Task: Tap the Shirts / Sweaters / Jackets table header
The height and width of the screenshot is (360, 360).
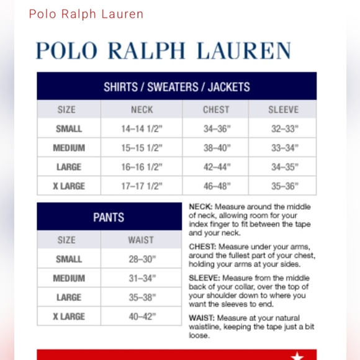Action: click(176, 87)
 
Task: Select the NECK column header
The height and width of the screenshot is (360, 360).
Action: click(142, 110)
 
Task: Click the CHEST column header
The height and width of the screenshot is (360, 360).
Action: click(216, 110)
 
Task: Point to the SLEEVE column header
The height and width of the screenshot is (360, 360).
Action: click(283, 110)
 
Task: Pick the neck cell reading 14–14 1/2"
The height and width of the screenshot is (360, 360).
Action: click(142, 129)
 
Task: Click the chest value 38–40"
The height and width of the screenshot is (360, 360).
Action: click(216, 148)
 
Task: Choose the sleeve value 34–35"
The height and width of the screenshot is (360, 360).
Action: click(284, 167)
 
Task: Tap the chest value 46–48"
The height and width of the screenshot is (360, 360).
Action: click(216, 186)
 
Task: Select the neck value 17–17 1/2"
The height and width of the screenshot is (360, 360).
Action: click(142, 186)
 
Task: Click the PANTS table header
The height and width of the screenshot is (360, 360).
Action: click(109, 217)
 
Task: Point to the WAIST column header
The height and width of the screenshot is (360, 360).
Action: click(142, 240)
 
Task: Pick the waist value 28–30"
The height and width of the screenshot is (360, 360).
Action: click(142, 259)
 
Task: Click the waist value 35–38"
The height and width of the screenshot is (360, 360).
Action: click(142, 297)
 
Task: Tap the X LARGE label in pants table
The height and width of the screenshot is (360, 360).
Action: click(69, 317)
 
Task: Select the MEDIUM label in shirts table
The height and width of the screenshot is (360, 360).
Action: click(69, 148)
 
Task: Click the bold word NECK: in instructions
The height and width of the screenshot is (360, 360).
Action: click(200, 207)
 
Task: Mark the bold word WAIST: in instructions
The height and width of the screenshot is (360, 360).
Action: click(202, 318)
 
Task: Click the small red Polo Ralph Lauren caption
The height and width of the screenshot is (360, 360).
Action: click(86, 14)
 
